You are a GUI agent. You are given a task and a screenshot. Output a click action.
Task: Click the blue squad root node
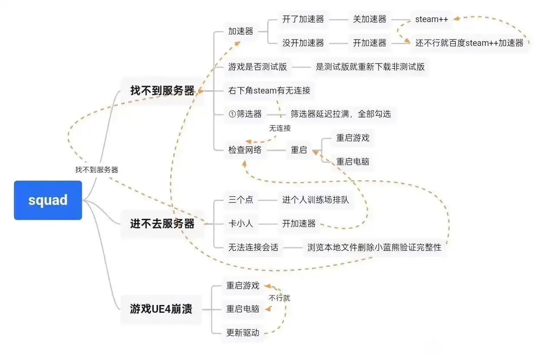pos(48,200)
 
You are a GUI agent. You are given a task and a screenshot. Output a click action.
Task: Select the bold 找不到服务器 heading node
pos(162,91)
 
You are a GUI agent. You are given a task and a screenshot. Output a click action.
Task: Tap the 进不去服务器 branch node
pos(162,224)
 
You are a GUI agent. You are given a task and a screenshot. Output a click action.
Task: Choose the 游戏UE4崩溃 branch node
pos(161,309)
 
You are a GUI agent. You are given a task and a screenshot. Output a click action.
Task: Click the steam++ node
pos(431,19)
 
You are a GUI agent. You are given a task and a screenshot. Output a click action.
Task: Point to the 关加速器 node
pos(370,19)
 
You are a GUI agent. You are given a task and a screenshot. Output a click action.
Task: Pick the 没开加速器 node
pos(303,43)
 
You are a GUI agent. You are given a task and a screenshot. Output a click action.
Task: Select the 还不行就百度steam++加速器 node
pos(469,43)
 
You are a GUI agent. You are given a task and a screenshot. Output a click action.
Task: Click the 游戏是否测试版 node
pos(258,67)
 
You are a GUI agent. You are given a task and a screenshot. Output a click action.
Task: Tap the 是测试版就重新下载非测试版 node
pos(370,67)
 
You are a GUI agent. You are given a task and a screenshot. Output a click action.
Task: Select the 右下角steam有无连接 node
pos(269,91)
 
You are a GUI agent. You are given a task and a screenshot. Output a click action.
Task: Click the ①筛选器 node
pos(245,114)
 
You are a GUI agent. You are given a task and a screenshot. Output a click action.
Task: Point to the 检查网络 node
pos(245,150)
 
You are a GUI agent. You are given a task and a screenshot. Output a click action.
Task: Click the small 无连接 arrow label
pos(280,128)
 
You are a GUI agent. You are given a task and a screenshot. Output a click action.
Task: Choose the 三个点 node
pos(241,200)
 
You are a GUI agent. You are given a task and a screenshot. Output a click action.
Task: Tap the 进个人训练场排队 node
pos(315,200)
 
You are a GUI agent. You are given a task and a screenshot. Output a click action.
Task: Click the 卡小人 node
pos(241,224)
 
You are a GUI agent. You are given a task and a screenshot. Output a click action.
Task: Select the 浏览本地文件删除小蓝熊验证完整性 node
pos(374,247)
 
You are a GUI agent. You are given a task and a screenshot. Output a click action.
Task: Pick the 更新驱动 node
pos(243,333)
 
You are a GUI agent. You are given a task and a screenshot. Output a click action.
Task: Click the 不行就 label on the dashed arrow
pos(279,298)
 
